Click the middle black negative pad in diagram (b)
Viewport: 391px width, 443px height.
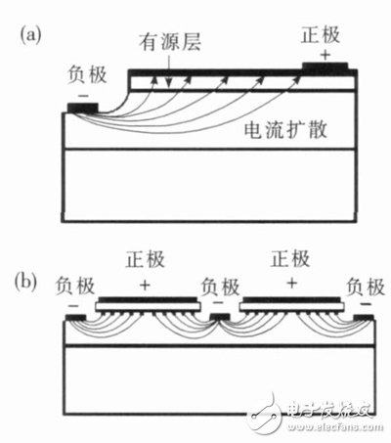tap(220, 317)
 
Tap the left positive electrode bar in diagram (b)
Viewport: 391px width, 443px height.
tap(148, 303)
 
